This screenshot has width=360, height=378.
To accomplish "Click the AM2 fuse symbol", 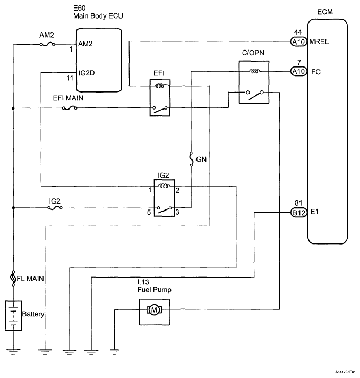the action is tap(47, 44).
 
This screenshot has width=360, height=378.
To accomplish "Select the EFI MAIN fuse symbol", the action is tap(70, 108).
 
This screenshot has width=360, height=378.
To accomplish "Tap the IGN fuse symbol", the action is tap(191, 159).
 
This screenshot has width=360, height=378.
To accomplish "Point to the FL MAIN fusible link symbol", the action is tap(13, 278).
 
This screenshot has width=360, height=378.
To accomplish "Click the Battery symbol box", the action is tap(13, 316).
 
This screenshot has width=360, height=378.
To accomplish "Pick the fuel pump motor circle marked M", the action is tap(154, 310).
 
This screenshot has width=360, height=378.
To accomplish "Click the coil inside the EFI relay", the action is tap(160, 86).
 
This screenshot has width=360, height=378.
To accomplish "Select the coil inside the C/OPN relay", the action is tap(254, 71).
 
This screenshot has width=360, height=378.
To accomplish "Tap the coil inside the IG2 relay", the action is tap(164, 186).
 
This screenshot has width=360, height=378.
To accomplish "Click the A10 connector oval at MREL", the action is tap(298, 41).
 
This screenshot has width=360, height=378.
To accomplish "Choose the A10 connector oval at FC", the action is tap(298, 71).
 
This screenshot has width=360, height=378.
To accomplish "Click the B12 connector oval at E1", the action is tap(299, 213).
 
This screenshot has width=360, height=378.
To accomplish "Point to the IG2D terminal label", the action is tap(87, 73).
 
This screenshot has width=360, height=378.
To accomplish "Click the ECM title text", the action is tap(325, 12).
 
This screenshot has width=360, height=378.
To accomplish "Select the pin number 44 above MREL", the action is tap(298, 32).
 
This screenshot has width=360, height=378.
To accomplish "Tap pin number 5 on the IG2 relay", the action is tap(149, 212).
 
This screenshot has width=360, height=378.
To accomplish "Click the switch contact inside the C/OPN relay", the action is tap(255, 95).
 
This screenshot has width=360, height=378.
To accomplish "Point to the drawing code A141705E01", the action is tap(345, 372).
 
